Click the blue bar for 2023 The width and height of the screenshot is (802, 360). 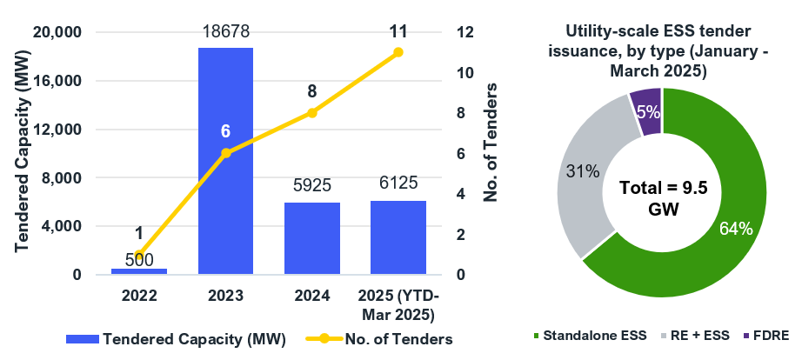point(225,161)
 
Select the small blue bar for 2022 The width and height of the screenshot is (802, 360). point(139,271)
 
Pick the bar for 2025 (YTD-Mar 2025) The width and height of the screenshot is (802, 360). point(398,237)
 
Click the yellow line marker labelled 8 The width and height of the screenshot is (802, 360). point(311,113)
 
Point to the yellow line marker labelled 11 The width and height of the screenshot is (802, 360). point(398,52)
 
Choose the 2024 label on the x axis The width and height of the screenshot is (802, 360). point(311,296)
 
